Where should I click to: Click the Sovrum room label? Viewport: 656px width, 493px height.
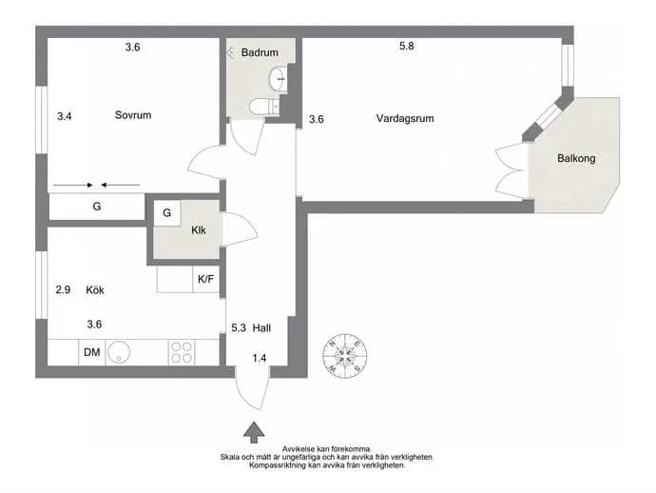pos(133,115)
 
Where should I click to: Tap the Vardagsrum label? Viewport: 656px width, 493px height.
pos(405,119)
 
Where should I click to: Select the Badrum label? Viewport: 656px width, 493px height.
pos(260,52)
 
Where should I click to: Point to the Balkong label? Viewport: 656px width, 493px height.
pos(576,158)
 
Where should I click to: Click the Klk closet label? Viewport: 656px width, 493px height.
pos(199,230)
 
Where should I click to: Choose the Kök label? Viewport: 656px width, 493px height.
pos(95,290)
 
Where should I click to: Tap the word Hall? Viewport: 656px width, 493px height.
pos(261,328)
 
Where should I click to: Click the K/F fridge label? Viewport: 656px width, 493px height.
pos(206,279)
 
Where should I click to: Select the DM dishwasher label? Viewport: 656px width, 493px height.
pos(91,352)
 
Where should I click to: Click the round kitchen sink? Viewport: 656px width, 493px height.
pos(119,352)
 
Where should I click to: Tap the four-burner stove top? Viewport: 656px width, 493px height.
pos(182,352)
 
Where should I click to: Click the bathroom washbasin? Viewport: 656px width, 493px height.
pos(278,78)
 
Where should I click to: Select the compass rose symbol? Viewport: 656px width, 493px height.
pos(345,356)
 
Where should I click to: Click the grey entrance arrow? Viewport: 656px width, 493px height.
pos(254,432)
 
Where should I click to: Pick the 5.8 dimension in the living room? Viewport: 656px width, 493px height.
pos(406,46)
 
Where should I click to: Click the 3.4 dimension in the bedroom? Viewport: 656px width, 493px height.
pos(65,116)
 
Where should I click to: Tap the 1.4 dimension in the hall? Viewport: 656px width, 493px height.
pos(259,358)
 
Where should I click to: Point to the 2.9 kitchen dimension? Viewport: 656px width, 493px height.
pos(63,290)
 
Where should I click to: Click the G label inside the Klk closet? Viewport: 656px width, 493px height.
pos(167,213)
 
